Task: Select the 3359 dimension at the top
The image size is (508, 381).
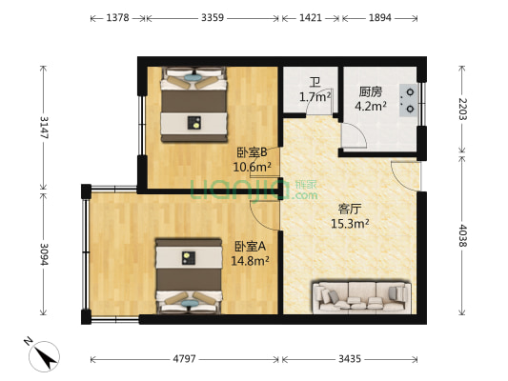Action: coord(211,18)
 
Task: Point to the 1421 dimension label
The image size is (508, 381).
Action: coord(311,18)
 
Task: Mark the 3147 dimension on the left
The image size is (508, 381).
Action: coord(43,127)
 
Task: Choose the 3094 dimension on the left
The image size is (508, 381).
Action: coord(43,255)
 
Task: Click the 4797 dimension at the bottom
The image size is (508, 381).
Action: coord(185,360)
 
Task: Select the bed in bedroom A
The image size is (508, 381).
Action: coord(190,274)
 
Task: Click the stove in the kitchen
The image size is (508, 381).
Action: coord(407,98)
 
